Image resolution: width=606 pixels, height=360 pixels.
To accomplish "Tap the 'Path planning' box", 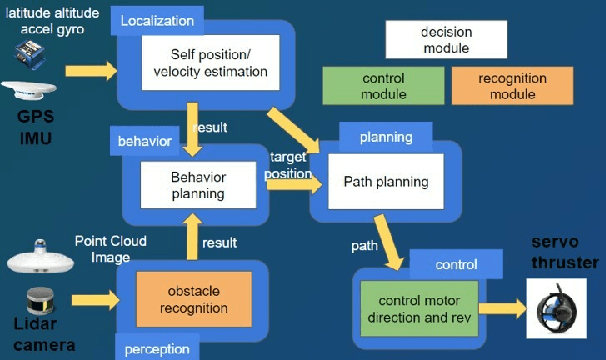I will coord(385,182).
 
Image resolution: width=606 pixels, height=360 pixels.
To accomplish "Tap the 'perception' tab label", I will coord(155,348).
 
